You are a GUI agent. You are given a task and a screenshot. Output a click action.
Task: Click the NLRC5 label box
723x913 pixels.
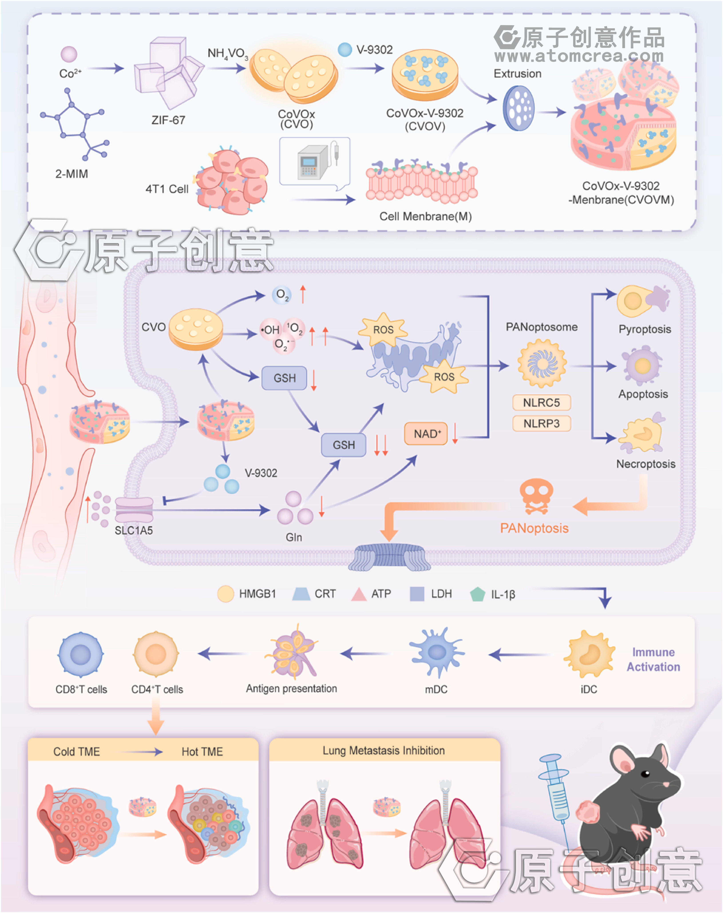[x=541, y=402]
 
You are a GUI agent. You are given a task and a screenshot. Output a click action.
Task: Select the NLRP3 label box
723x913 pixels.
[x=541, y=423]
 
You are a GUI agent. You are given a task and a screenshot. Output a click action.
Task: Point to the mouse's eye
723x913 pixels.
[x=645, y=774]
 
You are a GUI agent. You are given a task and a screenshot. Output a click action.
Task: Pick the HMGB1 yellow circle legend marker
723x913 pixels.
[x=225, y=594]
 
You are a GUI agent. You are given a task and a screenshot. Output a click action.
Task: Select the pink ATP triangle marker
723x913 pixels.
[x=359, y=594]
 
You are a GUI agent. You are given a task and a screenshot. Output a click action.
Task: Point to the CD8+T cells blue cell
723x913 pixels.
[x=80, y=655]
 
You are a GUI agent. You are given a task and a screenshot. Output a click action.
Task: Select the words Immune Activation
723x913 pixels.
[x=653, y=659]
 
